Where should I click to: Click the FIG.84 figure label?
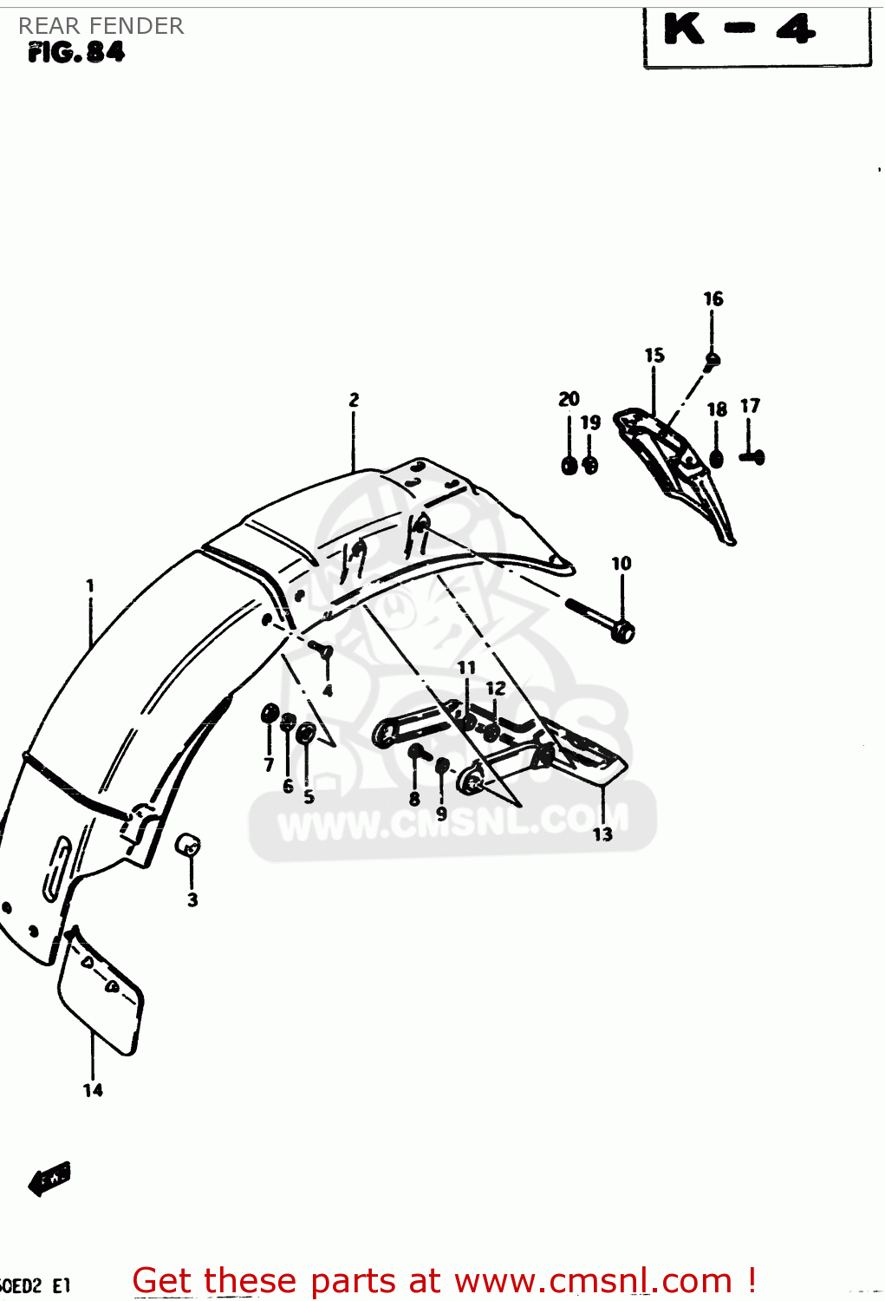76,53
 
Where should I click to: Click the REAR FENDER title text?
101,26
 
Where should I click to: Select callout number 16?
713,299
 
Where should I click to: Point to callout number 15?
654,355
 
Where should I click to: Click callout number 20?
569,399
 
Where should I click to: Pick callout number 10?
621,564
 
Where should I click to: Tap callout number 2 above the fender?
354,400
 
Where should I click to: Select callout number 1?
90,586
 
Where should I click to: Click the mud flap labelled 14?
100,993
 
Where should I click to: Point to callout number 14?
93,1090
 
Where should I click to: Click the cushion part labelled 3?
189,844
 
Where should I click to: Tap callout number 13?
602,834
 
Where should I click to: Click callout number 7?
269,765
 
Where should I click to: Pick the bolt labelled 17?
752,456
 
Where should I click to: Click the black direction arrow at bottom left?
49,1179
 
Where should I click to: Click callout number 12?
495,689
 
